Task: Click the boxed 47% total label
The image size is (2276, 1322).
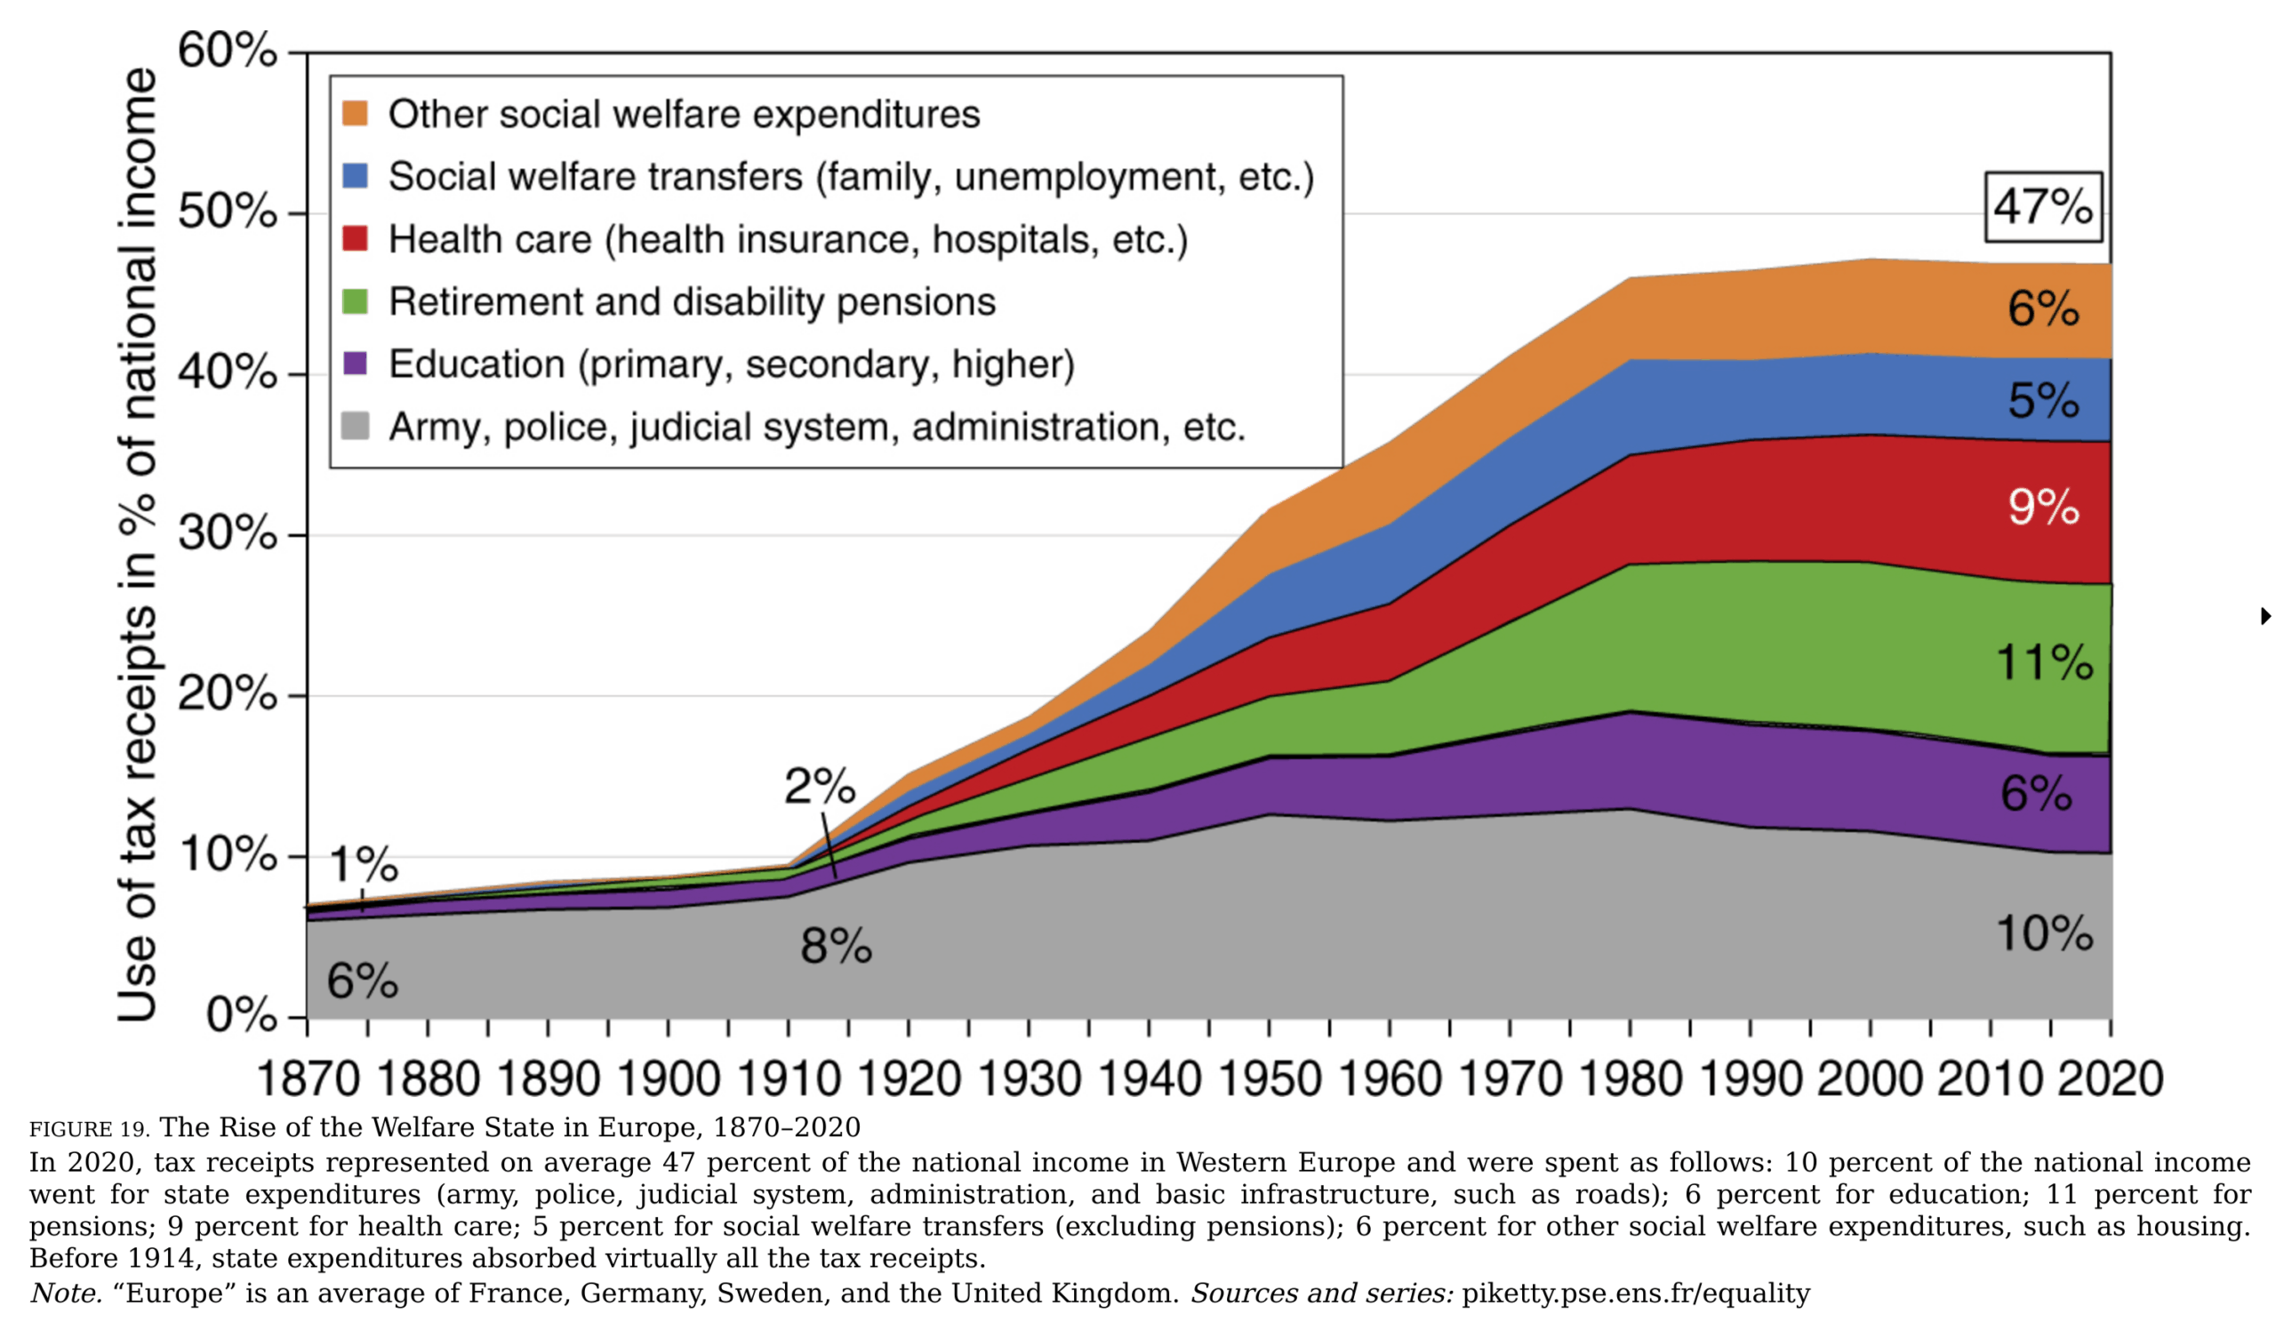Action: tap(2042, 207)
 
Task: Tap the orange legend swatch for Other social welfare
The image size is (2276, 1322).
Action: tap(355, 114)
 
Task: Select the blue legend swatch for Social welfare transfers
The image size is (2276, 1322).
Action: tap(355, 176)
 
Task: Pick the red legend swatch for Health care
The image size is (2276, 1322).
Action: tap(355, 238)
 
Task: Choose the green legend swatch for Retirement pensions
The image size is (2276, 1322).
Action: tap(355, 301)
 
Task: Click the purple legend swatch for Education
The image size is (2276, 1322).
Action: tap(355, 364)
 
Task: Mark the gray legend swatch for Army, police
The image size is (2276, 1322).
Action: tap(355, 426)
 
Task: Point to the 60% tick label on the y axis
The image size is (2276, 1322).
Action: tap(227, 51)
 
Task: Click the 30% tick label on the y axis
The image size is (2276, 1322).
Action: tap(227, 533)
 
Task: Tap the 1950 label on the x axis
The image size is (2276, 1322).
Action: tap(1269, 1079)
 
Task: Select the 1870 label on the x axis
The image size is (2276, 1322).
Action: tap(308, 1079)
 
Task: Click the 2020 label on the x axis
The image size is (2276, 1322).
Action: tap(2110, 1079)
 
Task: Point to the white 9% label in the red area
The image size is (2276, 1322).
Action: tap(2043, 507)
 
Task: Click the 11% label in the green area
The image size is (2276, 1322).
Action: tap(2044, 663)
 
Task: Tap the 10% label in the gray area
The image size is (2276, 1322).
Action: tap(2044, 933)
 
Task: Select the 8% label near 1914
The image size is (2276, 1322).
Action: tap(836, 946)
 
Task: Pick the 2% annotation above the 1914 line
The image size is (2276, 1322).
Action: tap(819, 787)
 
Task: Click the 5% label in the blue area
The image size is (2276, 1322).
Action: tap(2043, 400)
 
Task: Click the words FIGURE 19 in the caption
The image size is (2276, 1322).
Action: tap(89, 1130)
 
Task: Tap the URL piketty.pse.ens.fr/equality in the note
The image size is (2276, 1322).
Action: tap(1636, 1294)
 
